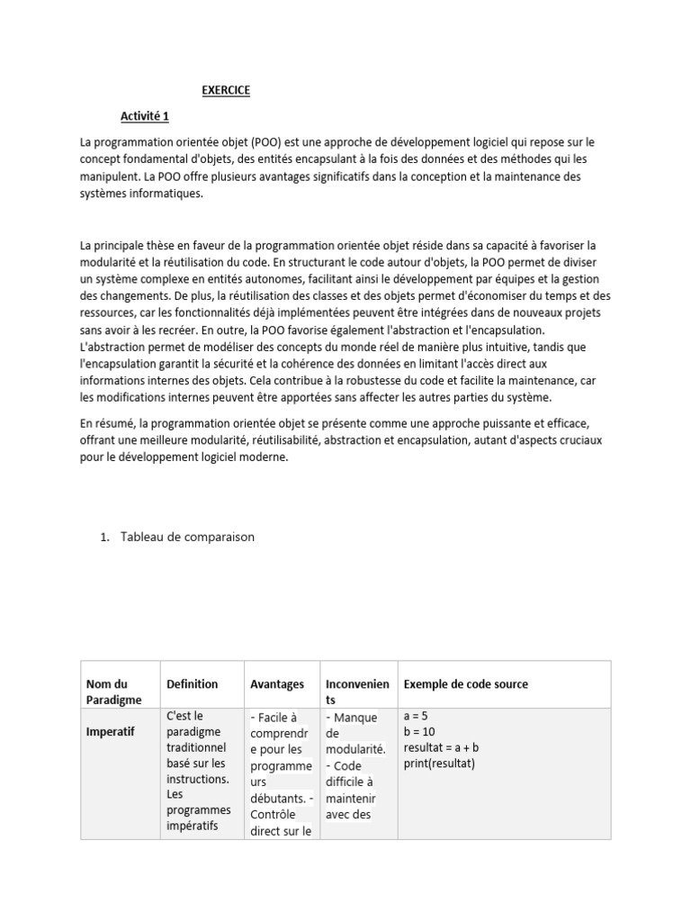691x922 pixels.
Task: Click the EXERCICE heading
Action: coord(225,90)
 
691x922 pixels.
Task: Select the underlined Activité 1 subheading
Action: coord(145,116)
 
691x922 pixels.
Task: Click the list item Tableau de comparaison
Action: coord(187,537)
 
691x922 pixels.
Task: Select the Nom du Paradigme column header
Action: coord(113,691)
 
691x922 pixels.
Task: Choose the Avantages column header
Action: coord(276,684)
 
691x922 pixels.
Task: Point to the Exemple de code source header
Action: coord(465,684)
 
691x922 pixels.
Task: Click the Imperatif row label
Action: coord(110,732)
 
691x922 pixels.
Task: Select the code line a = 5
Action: coord(418,717)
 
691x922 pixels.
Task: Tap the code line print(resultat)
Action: coord(438,764)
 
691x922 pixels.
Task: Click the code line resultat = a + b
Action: coord(441,748)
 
